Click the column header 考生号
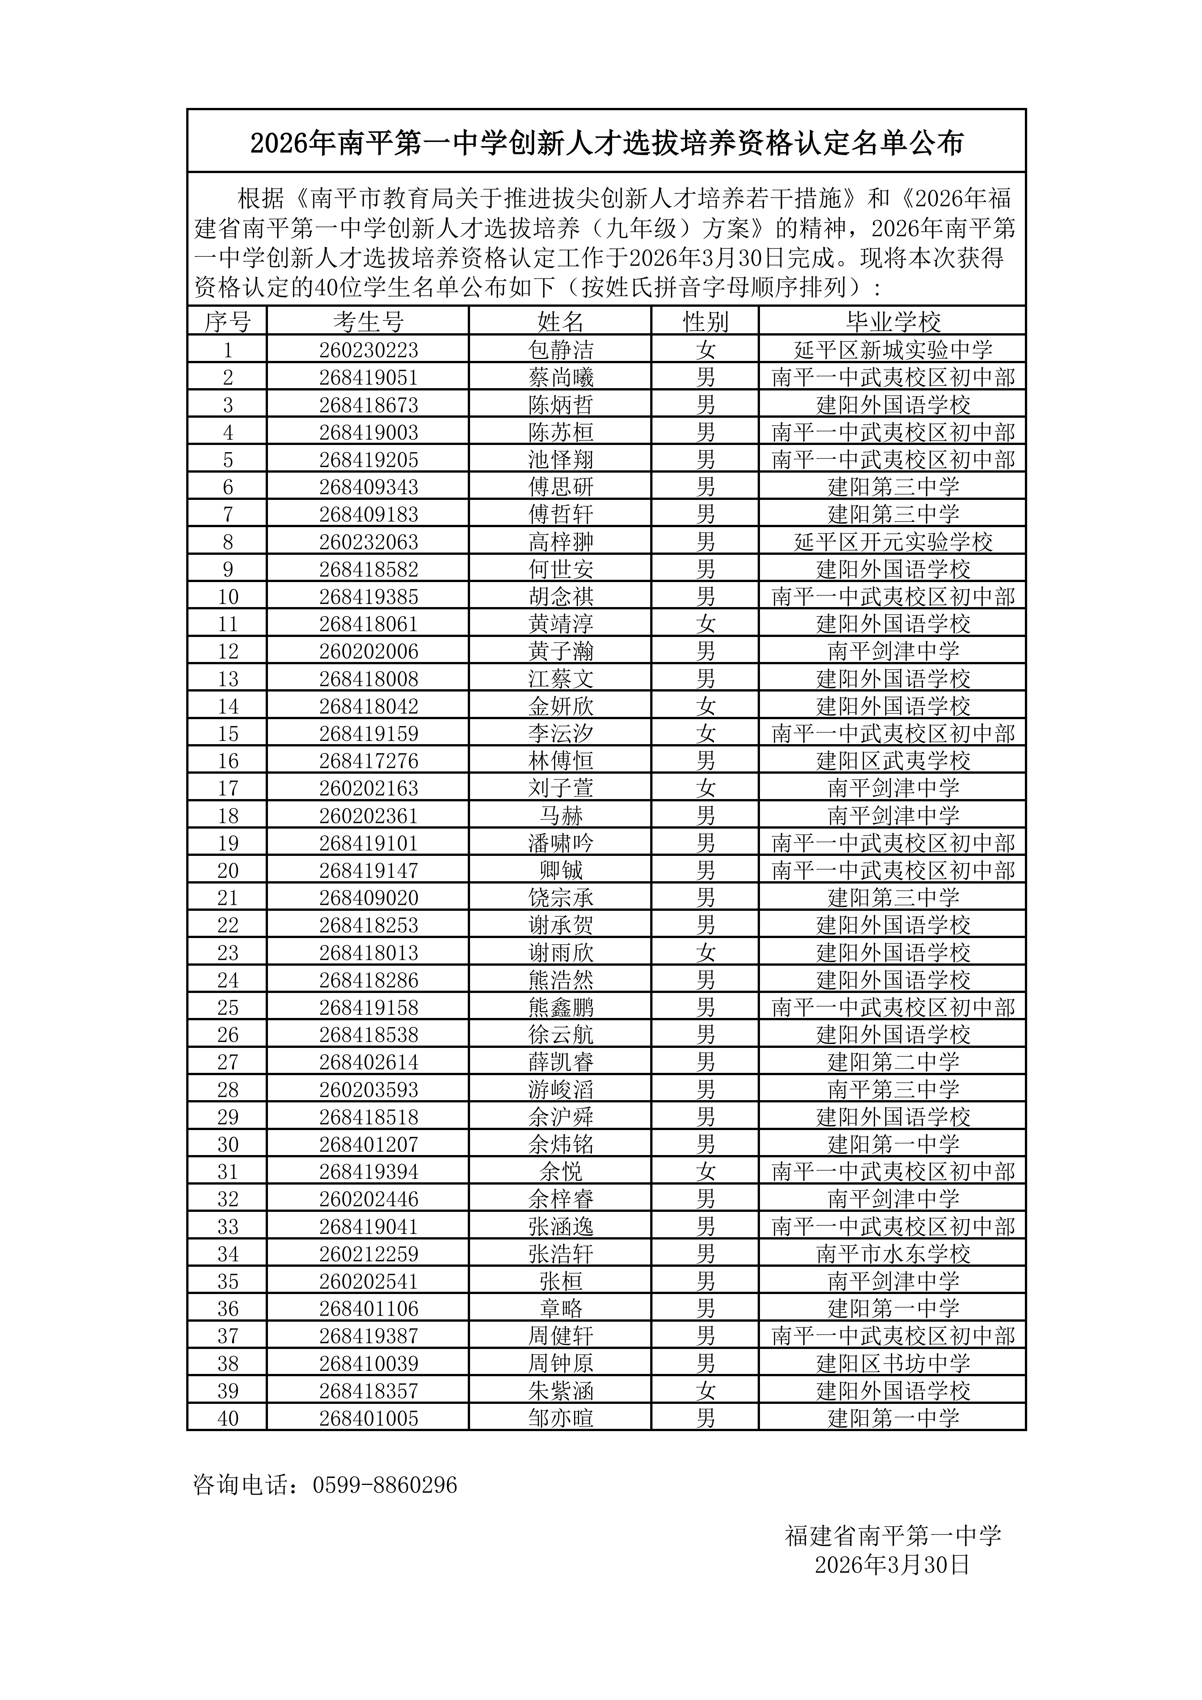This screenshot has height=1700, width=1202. coord(368,322)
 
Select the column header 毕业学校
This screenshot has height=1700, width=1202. coord(893,322)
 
